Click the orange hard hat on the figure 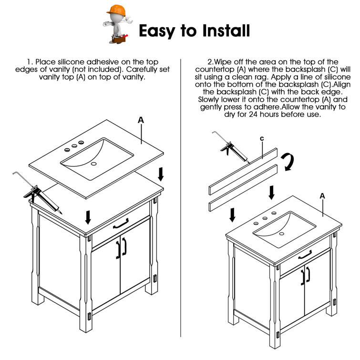tap(116, 10)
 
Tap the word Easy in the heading tap(157, 31)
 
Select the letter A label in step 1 tap(141, 120)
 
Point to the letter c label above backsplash tap(262, 138)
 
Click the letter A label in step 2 tap(322, 196)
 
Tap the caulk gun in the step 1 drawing tap(38, 193)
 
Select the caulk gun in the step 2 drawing tap(231, 147)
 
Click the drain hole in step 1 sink tap(93, 164)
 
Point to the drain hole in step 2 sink tap(282, 234)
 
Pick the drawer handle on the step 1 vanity tap(121, 224)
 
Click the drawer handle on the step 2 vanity tap(305, 255)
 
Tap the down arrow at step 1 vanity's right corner tap(161, 174)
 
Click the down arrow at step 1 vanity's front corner tap(88, 217)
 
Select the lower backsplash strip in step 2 tap(243, 188)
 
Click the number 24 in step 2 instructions tap(253, 114)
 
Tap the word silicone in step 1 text tap(71, 62)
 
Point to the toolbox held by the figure tap(119, 39)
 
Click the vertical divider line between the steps tap(181, 198)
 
